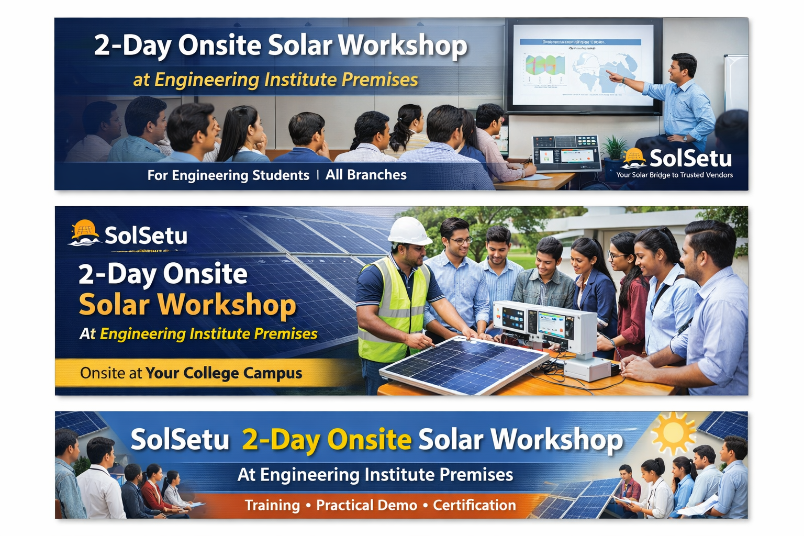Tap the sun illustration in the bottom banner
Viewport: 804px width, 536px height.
click(x=673, y=432)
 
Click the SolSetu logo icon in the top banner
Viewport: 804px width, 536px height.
click(x=634, y=158)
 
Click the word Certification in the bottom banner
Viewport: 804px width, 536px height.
click(x=474, y=505)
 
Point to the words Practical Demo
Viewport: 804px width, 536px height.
click(x=366, y=505)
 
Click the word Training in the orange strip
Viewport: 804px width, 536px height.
click(x=272, y=505)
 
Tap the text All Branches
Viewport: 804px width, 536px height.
click(x=366, y=175)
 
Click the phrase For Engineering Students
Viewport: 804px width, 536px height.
click(x=228, y=175)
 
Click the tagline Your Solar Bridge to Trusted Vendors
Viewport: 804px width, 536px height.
click(x=674, y=175)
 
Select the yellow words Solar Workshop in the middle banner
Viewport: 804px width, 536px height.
click(x=187, y=305)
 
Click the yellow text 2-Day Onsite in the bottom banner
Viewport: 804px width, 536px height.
click(x=327, y=440)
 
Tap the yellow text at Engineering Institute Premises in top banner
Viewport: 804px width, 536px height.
click(x=275, y=80)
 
